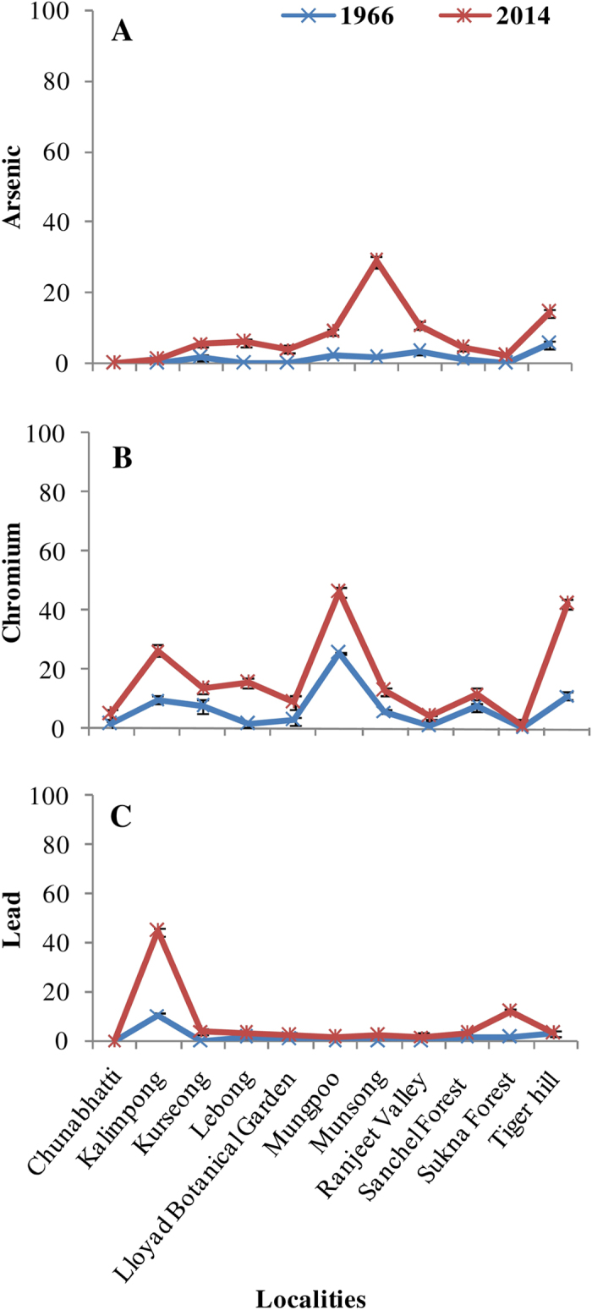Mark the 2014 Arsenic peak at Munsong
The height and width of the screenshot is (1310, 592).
point(377,260)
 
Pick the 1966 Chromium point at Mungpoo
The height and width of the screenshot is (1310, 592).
point(339,653)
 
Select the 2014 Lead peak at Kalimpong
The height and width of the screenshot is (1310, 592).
point(157,930)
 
